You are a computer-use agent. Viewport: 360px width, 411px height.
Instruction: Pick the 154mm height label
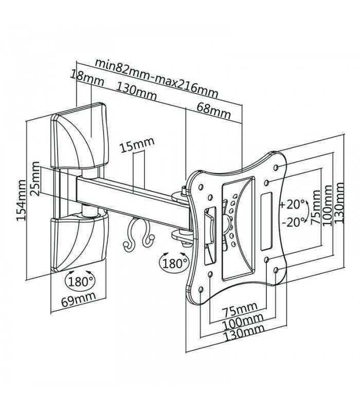tap(21, 200)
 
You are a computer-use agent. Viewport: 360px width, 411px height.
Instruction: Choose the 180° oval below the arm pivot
tap(175, 264)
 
